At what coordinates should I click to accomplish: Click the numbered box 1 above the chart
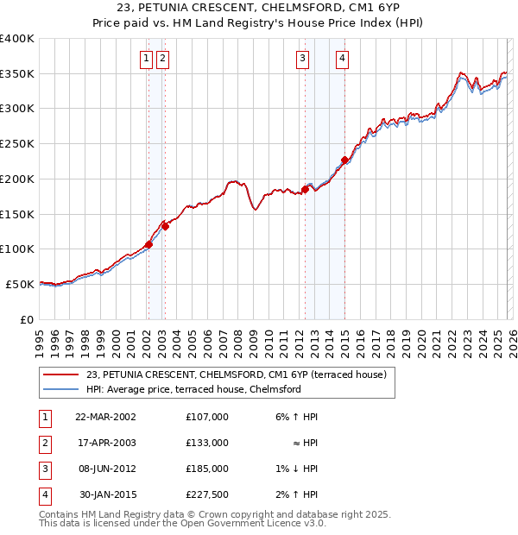[x=146, y=59]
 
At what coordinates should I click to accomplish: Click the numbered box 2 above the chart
[x=162, y=59]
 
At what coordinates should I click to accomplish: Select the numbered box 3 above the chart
[x=303, y=59]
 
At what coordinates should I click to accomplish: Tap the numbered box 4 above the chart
[x=343, y=59]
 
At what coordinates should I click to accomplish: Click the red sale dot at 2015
[x=344, y=160]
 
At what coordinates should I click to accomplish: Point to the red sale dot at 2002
[x=148, y=244]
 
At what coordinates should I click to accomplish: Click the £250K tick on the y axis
[x=17, y=143]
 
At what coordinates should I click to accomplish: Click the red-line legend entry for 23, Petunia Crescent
[x=241, y=374]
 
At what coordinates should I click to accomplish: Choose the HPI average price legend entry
[x=193, y=389]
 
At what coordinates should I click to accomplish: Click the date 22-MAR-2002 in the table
[x=105, y=417]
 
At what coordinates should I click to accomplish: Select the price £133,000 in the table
[x=206, y=443]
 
